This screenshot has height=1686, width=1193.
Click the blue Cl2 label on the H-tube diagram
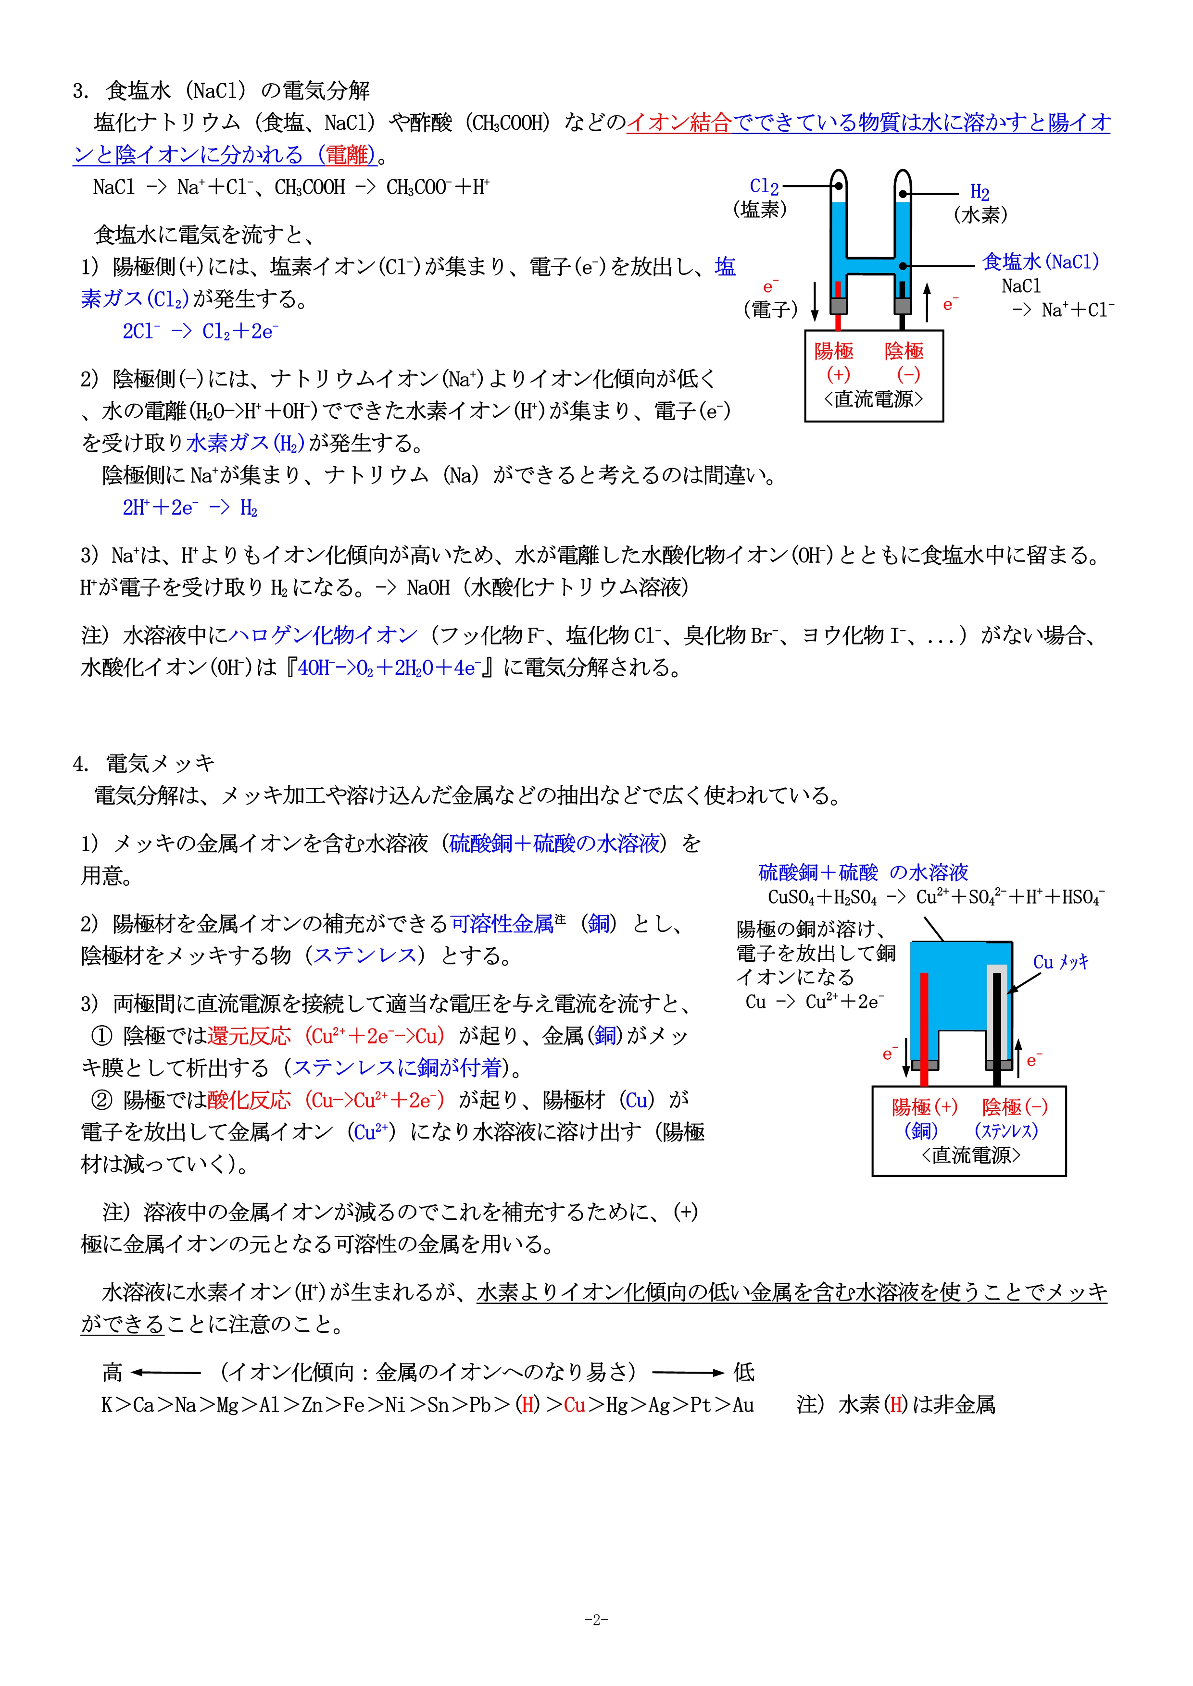coord(764,186)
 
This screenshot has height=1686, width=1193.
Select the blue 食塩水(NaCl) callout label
coord(1040,261)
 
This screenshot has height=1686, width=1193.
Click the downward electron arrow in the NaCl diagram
coord(815,302)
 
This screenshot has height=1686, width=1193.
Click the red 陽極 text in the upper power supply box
coord(834,351)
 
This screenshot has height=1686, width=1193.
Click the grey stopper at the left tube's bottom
coord(838,306)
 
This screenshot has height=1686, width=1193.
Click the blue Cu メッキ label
coord(1060,962)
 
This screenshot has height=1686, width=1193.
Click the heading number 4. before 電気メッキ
coord(80,764)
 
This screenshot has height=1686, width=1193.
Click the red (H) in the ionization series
coord(527,1405)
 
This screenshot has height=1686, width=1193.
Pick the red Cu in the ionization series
coord(575,1405)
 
